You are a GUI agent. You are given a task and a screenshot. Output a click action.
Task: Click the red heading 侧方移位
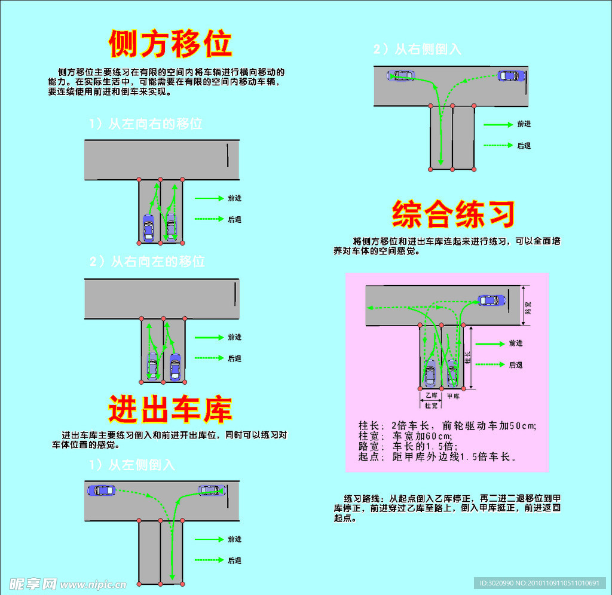170,44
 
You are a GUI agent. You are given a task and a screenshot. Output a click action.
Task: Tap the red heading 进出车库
170,410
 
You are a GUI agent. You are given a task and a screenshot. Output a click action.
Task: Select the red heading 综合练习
453,214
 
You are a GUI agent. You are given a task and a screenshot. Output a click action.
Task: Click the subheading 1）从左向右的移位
146,124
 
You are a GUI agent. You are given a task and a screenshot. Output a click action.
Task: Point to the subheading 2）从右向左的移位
147,262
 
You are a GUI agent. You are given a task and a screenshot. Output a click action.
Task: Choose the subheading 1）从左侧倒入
132,465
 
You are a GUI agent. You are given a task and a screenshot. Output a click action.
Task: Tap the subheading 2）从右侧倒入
418,50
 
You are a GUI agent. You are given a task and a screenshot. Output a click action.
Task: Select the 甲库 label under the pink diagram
453,395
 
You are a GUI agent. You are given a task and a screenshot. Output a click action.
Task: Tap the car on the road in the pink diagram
490,300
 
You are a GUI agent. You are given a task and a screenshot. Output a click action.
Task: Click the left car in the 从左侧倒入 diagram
101,490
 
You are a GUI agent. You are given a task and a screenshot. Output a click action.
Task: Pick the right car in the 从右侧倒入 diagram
511,76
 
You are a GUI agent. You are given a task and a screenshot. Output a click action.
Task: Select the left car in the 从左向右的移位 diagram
149,227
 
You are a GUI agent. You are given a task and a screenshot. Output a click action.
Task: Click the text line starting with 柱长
447,425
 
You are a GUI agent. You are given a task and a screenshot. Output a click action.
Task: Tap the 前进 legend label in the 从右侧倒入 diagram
524,124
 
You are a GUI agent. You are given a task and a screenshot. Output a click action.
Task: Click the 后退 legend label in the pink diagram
515,364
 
